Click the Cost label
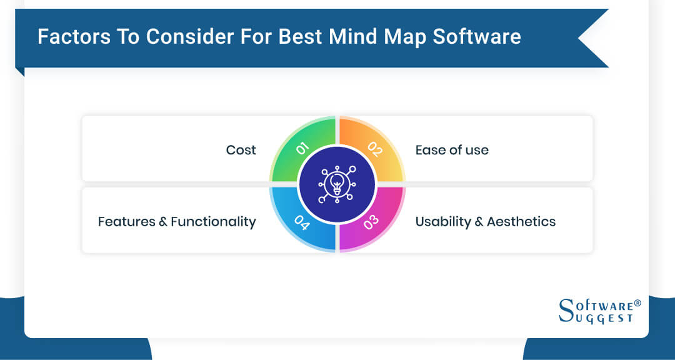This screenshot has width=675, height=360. [x=241, y=150]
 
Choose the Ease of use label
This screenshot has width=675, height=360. [x=452, y=150]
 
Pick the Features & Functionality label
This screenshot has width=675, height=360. [x=177, y=221]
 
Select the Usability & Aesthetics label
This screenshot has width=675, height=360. [x=485, y=221]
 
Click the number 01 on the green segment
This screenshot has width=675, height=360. [x=301, y=148]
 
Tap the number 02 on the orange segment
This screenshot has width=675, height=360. [x=374, y=148]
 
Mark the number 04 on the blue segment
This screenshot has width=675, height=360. [x=301, y=222]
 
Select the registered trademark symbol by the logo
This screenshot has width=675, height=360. [x=637, y=303]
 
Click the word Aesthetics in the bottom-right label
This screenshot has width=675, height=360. [x=521, y=221]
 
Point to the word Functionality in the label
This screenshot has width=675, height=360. [x=213, y=221]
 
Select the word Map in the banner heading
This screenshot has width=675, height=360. [x=416, y=37]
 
